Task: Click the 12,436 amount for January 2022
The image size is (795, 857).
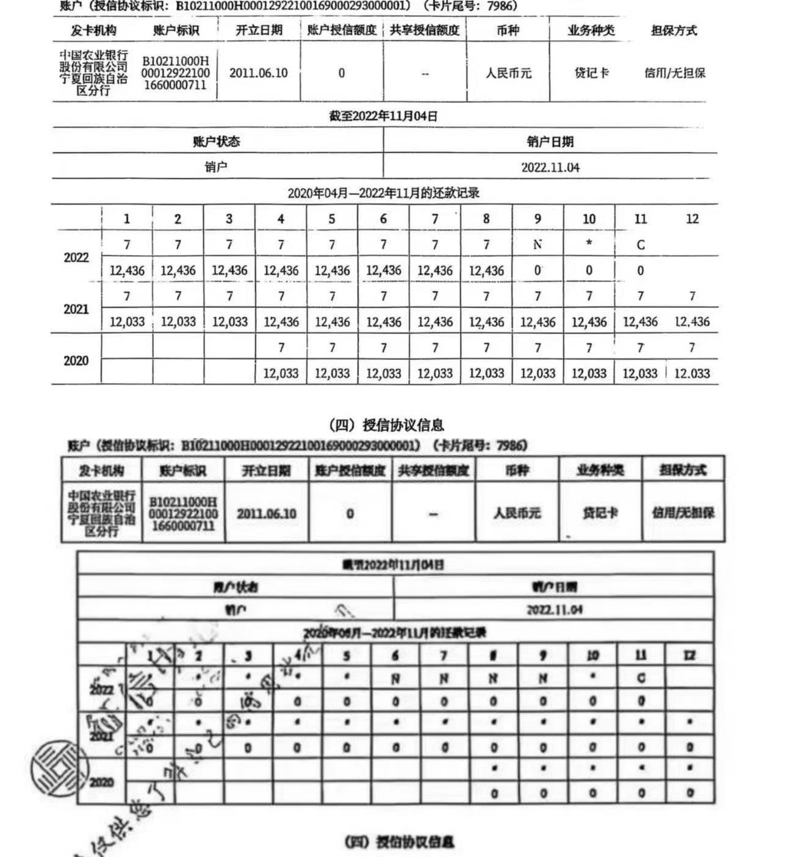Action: (127, 270)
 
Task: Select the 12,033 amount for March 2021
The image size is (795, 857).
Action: (230, 322)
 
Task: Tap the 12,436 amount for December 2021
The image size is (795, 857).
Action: (692, 322)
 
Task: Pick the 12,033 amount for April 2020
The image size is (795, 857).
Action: (281, 373)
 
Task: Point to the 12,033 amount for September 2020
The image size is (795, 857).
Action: (538, 373)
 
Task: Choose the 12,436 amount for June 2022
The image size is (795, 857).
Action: (383, 270)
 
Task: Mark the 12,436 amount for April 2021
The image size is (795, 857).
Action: (281, 322)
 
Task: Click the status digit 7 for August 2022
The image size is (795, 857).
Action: (486, 245)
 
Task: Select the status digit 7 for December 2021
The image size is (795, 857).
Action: (692, 296)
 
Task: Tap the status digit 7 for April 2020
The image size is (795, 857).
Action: (281, 347)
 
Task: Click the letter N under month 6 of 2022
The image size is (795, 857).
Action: (395, 678)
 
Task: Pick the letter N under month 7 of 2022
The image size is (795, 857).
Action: (444, 678)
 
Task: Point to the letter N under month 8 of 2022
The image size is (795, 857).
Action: (494, 678)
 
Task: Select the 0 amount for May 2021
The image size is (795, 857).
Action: (347, 747)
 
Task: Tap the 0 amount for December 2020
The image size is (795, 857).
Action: (689, 794)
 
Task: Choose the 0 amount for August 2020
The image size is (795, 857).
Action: (494, 794)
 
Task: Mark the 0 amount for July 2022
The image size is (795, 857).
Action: (444, 702)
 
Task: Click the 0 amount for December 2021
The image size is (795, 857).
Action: (689, 747)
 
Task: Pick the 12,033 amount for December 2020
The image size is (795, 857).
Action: (692, 373)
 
